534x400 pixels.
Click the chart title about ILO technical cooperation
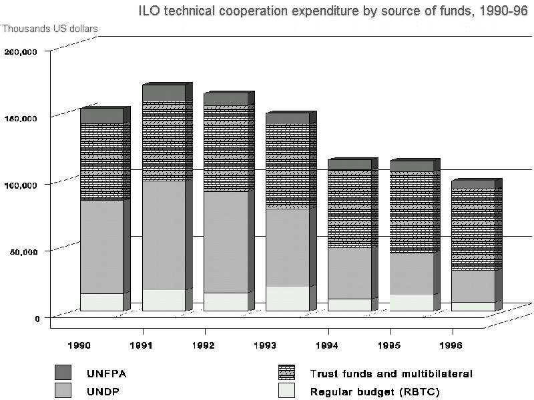pyautogui.click(x=332, y=12)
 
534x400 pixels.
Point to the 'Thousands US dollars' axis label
pyautogui.click(x=50, y=29)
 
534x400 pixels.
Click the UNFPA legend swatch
pyautogui.click(x=63, y=372)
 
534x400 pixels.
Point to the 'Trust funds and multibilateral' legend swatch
pyautogui.click(x=286, y=372)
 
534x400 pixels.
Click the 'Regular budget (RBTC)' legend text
pyautogui.click(x=361, y=392)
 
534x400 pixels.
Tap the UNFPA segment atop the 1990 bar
pyautogui.click(x=101, y=116)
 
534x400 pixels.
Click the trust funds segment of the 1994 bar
pyautogui.click(x=349, y=208)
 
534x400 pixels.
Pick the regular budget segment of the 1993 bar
pyautogui.click(x=287, y=298)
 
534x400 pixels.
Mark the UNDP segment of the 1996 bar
pyautogui.click(x=473, y=285)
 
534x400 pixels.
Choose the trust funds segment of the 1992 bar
pyautogui.click(x=226, y=149)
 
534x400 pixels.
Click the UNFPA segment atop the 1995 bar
pyautogui.click(x=411, y=166)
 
